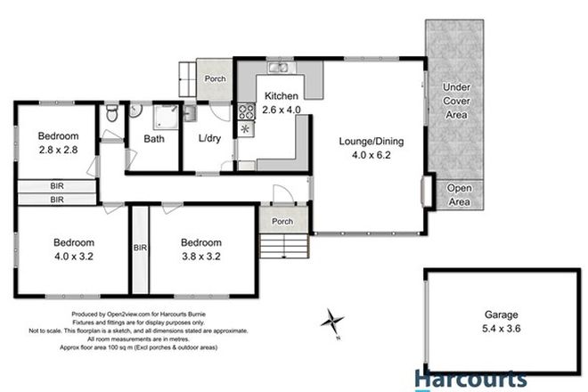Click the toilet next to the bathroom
(110, 114)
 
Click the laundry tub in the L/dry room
(189, 113)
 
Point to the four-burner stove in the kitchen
(246, 113)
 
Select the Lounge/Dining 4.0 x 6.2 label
(365, 147)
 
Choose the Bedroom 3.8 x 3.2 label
(203, 249)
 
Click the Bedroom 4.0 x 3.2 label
(70, 249)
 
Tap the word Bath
(153, 139)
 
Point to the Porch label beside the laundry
(214, 79)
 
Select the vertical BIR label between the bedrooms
(140, 249)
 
